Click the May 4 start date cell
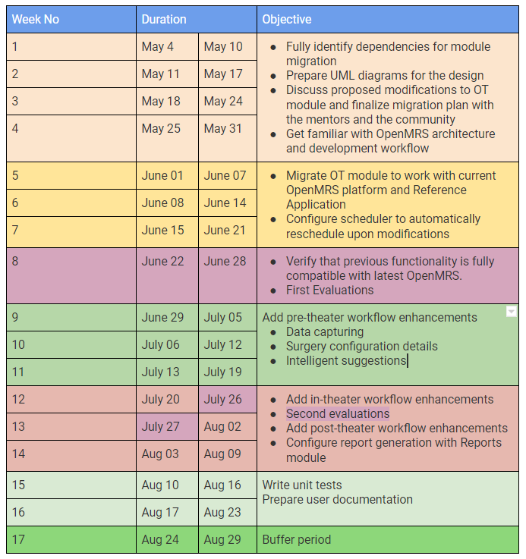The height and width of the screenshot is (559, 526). tap(167, 47)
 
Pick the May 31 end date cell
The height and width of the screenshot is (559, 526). tap(228, 138)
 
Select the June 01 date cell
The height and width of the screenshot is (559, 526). tap(167, 176)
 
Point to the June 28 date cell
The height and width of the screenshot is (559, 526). tap(228, 275)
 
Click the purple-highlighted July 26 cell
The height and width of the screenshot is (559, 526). tap(228, 399)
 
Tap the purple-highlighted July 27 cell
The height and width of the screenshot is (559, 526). tap(167, 427)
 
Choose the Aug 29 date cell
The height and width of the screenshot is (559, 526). tap(228, 539)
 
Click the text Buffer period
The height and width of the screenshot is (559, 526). tap(297, 539)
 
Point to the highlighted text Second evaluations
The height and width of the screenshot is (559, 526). tap(338, 413)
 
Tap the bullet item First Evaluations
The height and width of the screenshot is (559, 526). tap(329, 290)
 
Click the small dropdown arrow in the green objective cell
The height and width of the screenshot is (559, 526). tap(512, 312)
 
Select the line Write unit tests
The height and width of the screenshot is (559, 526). tap(302, 485)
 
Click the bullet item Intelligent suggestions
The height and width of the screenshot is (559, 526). tap(346, 361)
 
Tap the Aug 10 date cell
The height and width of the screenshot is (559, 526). tap(167, 485)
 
